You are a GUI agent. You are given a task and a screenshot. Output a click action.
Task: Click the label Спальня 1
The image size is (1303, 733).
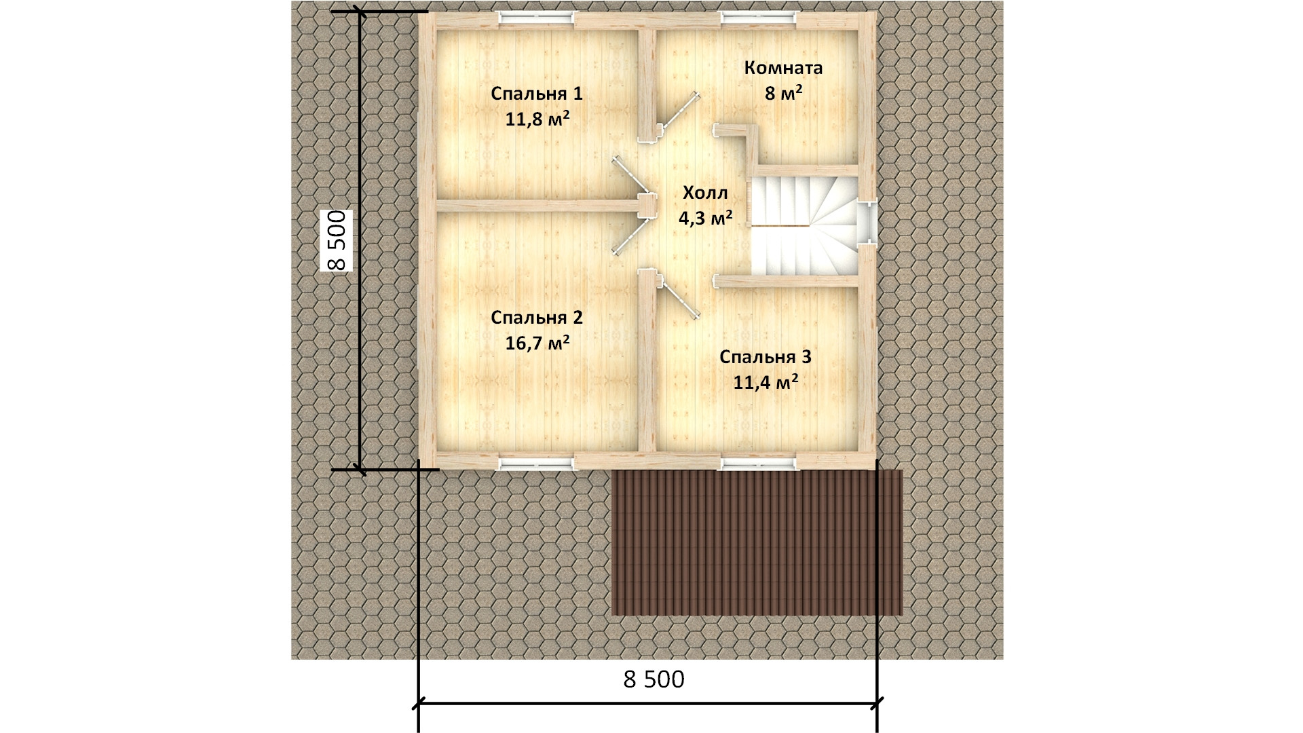[x=537, y=94]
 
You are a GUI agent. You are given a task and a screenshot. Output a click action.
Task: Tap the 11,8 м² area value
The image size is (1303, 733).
[x=537, y=119]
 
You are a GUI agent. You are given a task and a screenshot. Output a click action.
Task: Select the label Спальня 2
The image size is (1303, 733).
[x=537, y=318]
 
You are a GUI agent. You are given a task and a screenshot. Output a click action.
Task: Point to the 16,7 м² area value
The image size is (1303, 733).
[x=537, y=343]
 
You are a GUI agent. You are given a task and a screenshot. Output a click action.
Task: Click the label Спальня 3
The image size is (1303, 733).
[x=766, y=357]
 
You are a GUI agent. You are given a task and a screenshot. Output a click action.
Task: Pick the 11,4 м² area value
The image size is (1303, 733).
[x=766, y=383]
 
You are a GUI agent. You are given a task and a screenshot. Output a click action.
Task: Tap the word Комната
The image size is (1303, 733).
[x=783, y=68]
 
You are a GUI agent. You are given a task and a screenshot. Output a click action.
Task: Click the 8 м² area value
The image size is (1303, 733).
[x=784, y=94]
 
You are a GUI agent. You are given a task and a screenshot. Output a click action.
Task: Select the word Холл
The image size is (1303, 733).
[x=705, y=193]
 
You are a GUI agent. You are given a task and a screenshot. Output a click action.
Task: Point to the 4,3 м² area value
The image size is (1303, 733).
[x=705, y=218]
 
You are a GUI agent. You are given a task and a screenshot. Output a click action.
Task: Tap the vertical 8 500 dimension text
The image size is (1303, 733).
[x=337, y=240]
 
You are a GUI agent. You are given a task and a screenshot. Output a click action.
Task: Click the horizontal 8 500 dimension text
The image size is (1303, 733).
[x=654, y=679]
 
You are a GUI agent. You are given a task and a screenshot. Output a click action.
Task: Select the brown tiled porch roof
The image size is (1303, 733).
[x=757, y=542]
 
